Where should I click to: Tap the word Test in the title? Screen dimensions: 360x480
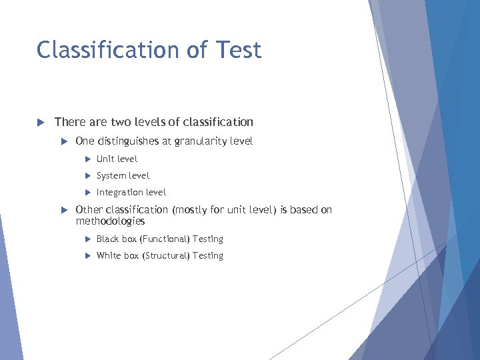coord(237,50)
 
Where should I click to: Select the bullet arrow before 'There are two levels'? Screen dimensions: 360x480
coord(40,122)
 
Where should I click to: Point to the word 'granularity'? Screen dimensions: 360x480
coord(201,141)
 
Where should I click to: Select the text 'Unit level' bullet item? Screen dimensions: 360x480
coord(117,159)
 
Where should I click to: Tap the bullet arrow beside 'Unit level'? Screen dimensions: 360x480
coord(87,159)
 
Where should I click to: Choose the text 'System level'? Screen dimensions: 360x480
coord(123,175)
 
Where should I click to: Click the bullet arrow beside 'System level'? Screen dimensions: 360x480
coord(87,175)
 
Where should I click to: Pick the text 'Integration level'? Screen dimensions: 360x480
coord(131,192)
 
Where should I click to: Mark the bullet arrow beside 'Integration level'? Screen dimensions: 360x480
coord(87,192)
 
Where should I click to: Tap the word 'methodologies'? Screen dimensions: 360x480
coord(110,221)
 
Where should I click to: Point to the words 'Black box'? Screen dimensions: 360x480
coord(117,239)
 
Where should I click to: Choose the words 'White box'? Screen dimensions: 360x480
coord(117,255)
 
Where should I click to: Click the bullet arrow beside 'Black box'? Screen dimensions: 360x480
coord(87,239)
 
